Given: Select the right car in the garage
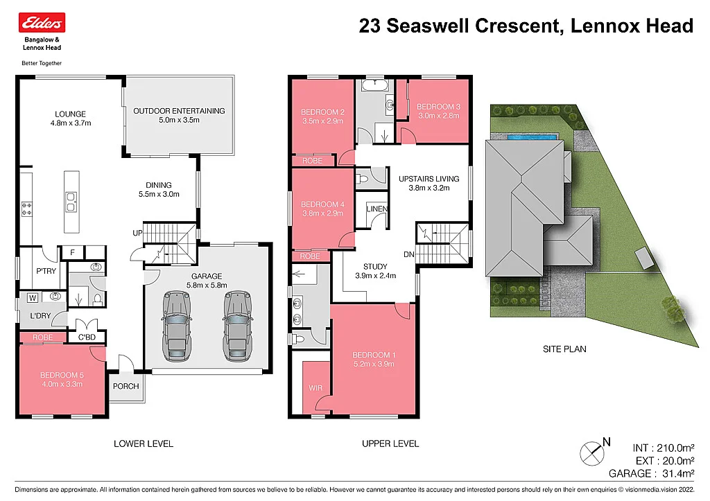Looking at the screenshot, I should (x=236, y=325).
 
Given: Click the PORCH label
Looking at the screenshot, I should (x=125, y=386).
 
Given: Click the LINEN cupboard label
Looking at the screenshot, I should (x=376, y=209).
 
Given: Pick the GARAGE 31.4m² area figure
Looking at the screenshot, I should (x=651, y=474).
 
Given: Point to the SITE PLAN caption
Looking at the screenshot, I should (x=564, y=349).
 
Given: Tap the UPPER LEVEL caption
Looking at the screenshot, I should (x=390, y=443).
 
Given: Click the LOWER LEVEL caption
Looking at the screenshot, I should (x=143, y=443).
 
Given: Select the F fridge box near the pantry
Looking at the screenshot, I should (x=72, y=253).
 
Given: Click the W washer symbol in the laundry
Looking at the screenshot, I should (x=32, y=299).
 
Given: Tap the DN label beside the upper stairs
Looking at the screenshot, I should (x=409, y=254).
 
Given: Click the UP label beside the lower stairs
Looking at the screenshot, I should (x=137, y=234).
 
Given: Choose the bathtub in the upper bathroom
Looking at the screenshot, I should (x=374, y=87).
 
